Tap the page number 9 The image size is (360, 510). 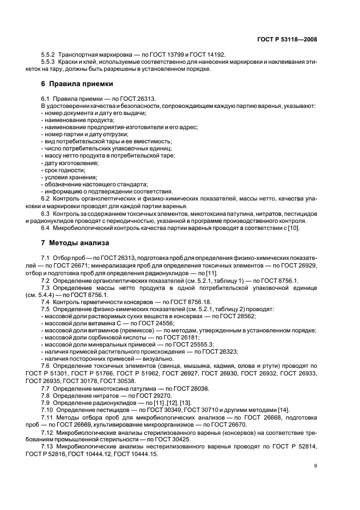tap(316, 465)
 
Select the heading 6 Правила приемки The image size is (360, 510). tap(77, 84)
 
